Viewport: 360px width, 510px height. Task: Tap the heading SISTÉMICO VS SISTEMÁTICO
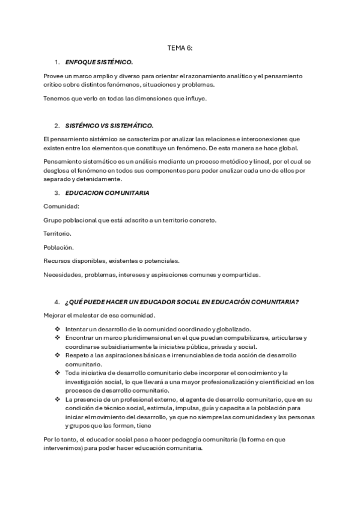pos(109,126)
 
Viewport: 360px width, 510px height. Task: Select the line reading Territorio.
pos(58,233)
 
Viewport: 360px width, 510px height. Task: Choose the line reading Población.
pos(59,247)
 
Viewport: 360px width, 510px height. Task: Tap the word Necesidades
pos(63,274)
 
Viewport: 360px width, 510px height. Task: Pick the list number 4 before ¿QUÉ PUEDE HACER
pos(56,301)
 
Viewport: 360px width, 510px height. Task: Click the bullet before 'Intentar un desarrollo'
pos(57,328)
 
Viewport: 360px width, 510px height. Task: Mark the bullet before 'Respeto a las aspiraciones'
pos(57,355)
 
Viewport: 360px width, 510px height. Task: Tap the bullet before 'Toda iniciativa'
pos(57,373)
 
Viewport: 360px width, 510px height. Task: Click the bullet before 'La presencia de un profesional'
pos(57,399)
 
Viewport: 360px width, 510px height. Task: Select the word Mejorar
pos(56,315)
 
